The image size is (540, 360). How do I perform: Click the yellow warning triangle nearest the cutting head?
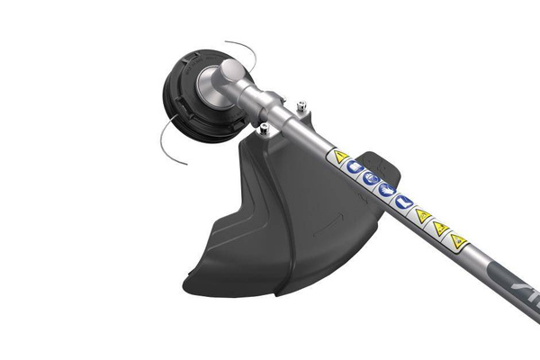(x=340, y=157)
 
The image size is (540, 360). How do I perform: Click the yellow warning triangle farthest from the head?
(x=459, y=240)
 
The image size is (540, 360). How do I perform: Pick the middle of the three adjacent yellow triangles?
(x=440, y=228)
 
